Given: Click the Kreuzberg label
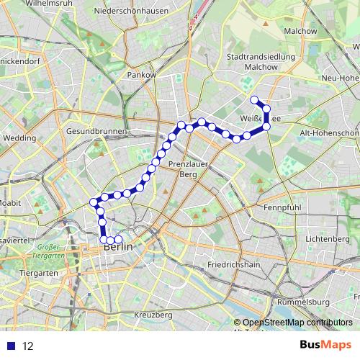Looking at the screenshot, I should pos(153,315).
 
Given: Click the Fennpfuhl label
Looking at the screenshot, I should pos(282,207).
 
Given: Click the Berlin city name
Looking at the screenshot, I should pos(119,247).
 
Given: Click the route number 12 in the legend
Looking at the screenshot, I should pos(28,346).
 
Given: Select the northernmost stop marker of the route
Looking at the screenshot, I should pos(253,100).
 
